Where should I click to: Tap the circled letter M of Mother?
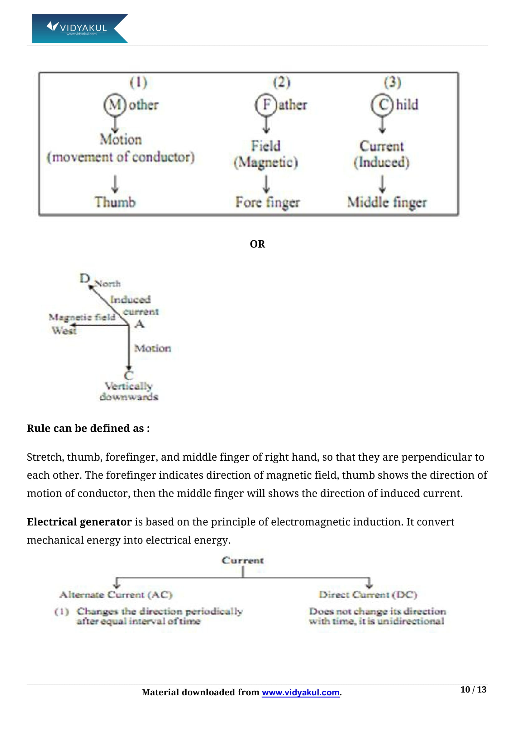(x=115, y=104)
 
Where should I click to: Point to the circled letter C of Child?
(x=383, y=104)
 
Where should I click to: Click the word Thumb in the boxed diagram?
(x=115, y=202)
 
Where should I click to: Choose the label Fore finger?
(x=268, y=203)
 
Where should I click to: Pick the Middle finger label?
(x=387, y=203)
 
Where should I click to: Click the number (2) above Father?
(x=281, y=82)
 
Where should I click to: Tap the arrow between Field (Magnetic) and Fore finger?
(x=266, y=184)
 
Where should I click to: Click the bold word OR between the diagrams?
(x=257, y=244)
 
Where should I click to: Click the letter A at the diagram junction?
(x=140, y=324)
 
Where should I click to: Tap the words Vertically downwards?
(x=129, y=391)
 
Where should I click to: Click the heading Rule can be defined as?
(x=88, y=428)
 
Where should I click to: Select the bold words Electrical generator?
(x=79, y=522)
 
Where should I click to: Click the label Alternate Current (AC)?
(x=116, y=595)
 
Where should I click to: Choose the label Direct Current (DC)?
(x=368, y=595)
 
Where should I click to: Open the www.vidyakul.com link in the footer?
(x=301, y=693)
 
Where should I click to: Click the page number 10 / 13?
(x=473, y=690)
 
